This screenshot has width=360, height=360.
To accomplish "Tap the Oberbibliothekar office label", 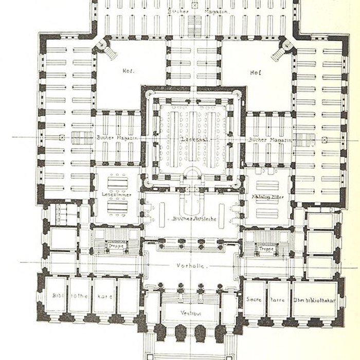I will click(316, 297).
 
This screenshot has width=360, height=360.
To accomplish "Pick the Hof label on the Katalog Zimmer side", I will click(254, 72).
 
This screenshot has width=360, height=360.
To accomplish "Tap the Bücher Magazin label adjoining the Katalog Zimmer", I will click(269, 139).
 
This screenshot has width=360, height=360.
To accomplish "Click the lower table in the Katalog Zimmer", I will click(267, 207).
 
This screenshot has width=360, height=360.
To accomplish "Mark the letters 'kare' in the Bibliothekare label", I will click(105, 297).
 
